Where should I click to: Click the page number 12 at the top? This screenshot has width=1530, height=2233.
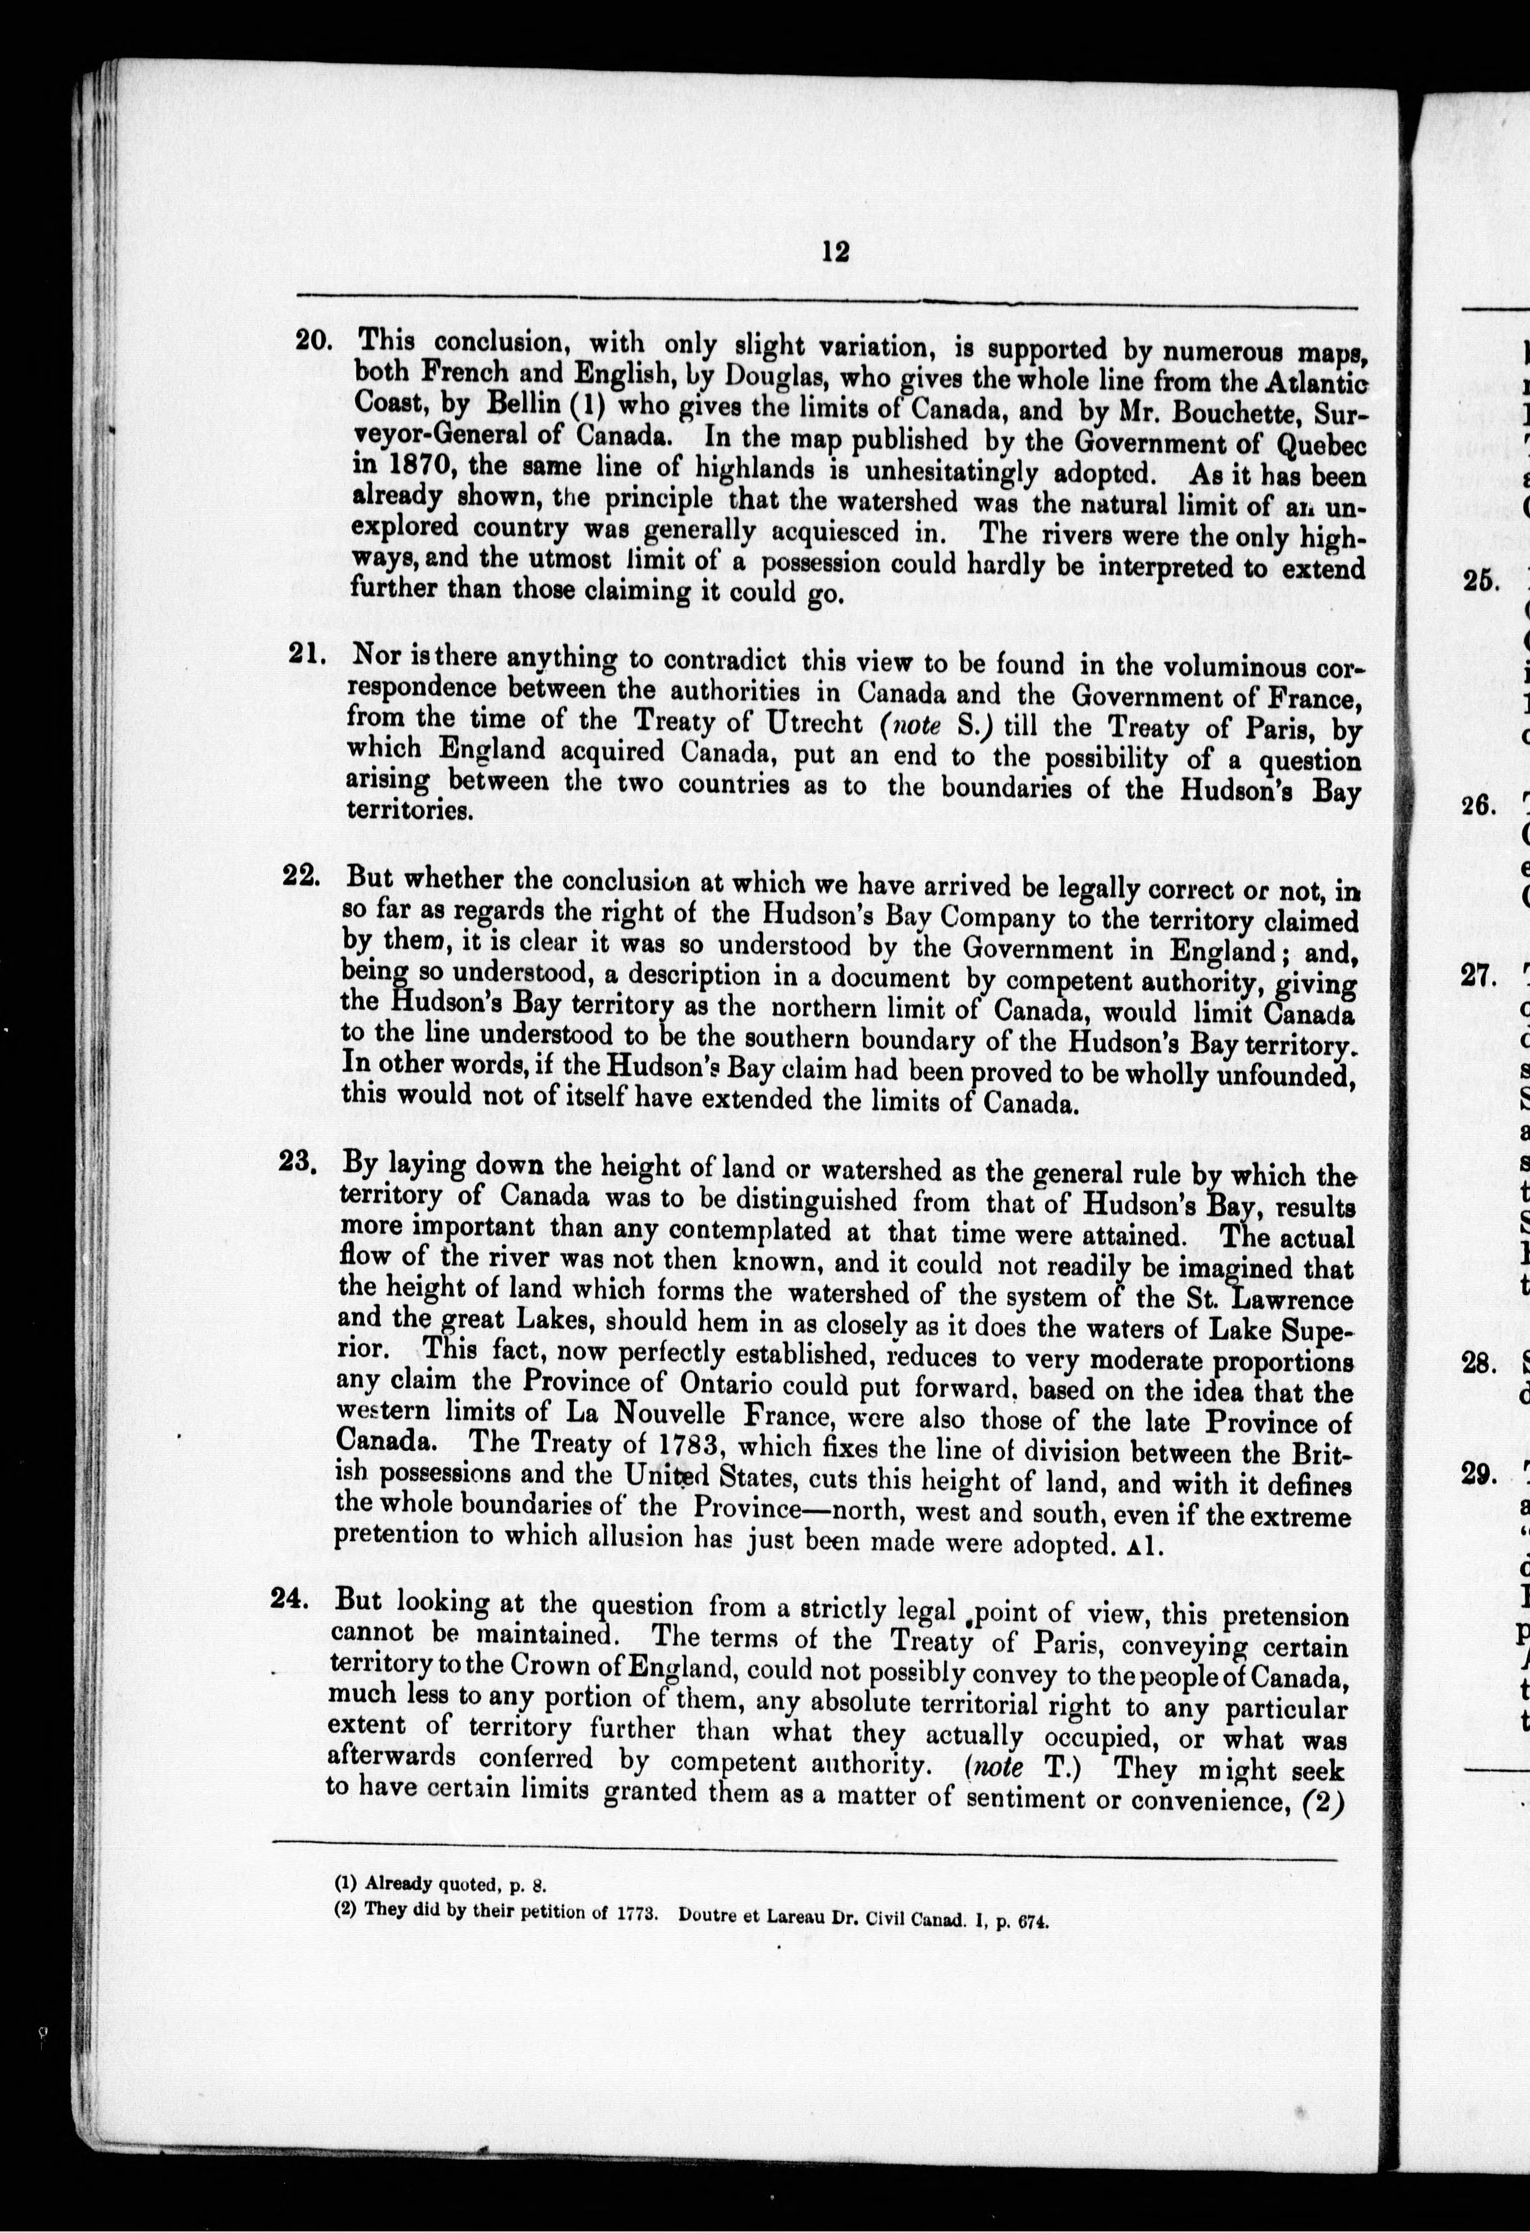pyautogui.click(x=835, y=252)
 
